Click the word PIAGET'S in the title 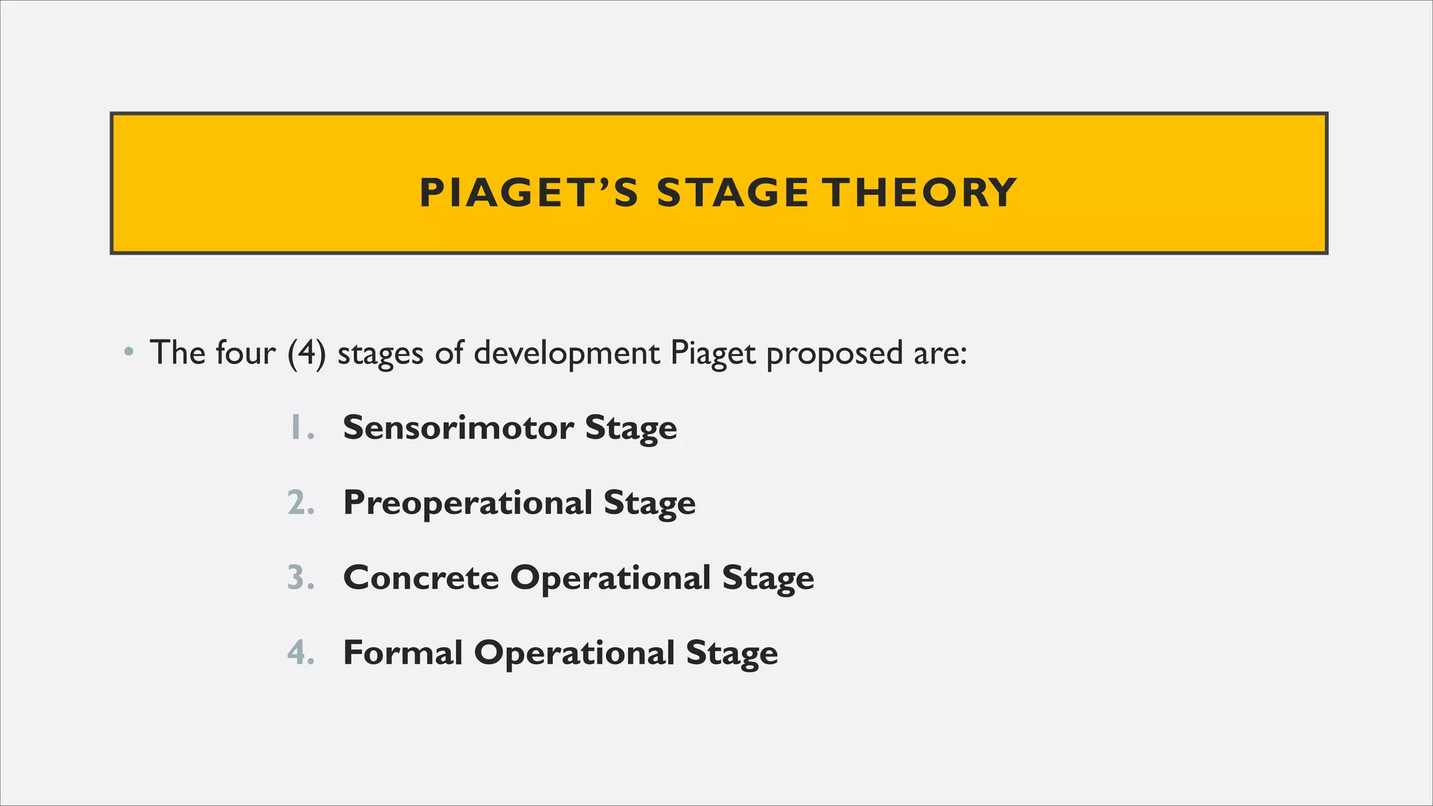pos(528,192)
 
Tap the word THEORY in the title pos(919,192)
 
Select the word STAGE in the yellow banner pos(733,192)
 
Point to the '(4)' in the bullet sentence pos(306,353)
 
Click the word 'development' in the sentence pos(567,353)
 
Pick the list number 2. pos(299,503)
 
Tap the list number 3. pos(299,578)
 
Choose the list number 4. pos(299,653)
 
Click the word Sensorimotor pos(458,427)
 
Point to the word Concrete pos(421,578)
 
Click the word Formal pos(402,653)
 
